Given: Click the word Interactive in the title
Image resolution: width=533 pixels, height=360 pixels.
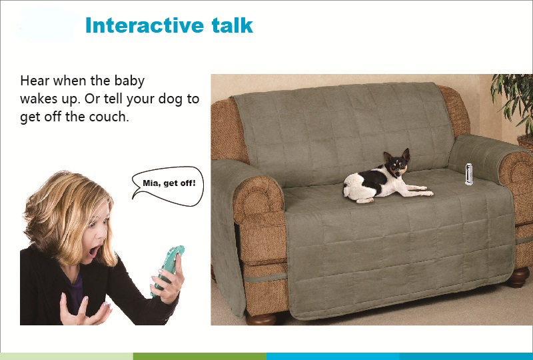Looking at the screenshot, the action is click(x=145, y=25).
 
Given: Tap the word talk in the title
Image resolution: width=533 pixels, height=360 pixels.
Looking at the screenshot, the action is click(x=232, y=25).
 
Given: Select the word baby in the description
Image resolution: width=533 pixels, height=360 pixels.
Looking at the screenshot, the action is click(x=129, y=81).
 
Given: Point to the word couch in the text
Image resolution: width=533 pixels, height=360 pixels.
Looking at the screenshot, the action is click(x=109, y=117).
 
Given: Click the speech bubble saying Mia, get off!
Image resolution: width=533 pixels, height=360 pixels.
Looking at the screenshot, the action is click(x=169, y=185).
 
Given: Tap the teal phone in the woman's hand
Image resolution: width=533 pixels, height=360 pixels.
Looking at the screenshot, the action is click(x=169, y=269).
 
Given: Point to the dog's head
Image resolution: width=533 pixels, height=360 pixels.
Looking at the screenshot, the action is click(x=397, y=163).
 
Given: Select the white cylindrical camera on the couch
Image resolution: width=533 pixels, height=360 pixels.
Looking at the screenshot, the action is click(x=469, y=174).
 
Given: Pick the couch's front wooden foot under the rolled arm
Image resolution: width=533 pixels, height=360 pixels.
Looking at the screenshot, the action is click(x=262, y=319).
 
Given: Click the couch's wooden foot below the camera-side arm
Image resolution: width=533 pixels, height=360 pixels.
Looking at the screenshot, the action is click(x=518, y=277).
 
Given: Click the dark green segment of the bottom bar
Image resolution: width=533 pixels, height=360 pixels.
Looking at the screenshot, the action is click(x=199, y=356).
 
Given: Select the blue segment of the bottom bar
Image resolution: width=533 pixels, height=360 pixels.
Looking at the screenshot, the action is click(x=399, y=356).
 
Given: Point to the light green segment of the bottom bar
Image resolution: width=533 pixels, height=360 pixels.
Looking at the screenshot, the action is click(x=67, y=356).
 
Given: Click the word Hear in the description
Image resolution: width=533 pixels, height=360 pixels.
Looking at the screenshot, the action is click(x=35, y=81).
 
